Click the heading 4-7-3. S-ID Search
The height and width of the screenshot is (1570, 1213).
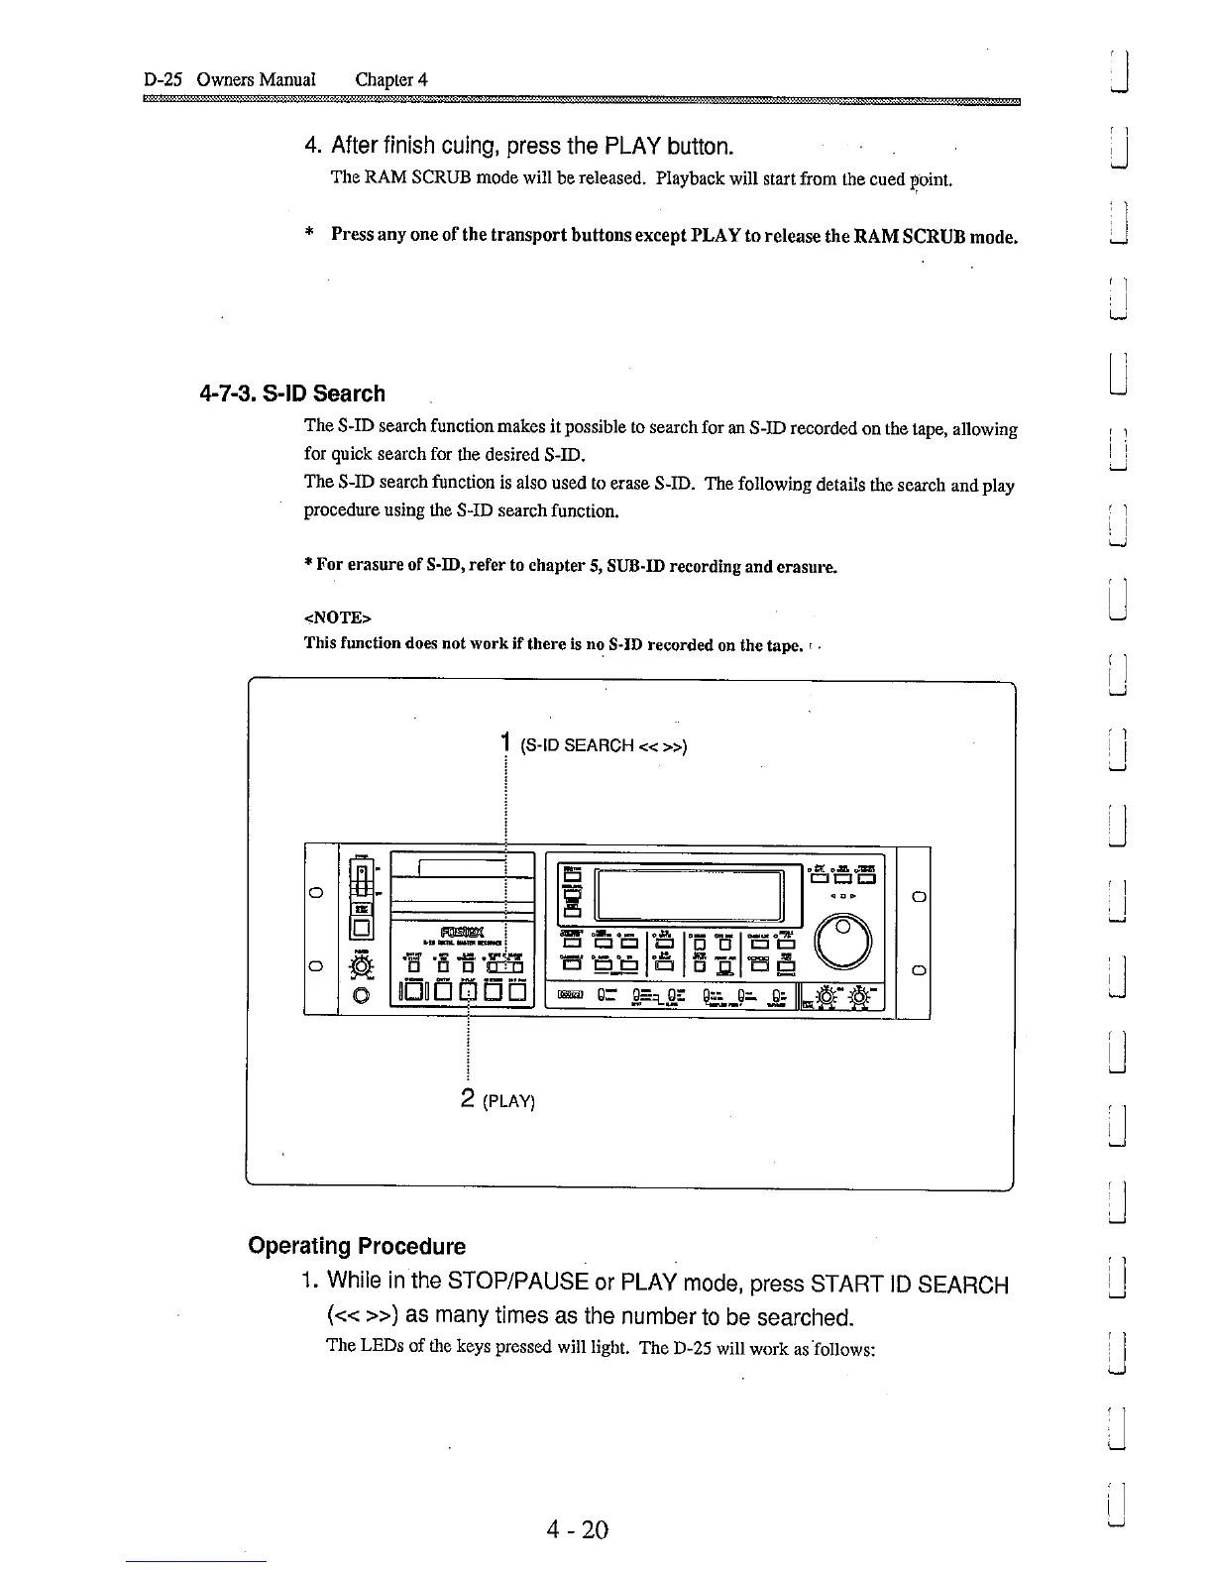point(292,393)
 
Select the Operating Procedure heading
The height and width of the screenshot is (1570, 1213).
point(357,1246)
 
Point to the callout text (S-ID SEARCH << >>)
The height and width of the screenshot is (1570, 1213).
point(603,745)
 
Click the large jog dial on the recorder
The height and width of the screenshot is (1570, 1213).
point(841,938)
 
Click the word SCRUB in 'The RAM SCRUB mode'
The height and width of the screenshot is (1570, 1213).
point(437,178)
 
